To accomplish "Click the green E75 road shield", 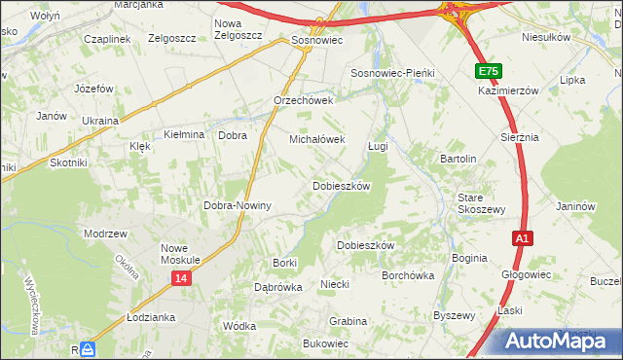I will [x=490, y=72].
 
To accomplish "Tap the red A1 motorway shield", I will [x=523, y=238].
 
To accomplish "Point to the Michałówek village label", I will [x=317, y=139].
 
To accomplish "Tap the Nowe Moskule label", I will [x=180, y=254].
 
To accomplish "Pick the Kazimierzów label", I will [x=508, y=90].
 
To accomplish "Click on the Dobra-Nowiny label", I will [x=236, y=206].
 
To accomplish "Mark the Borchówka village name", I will [x=408, y=275].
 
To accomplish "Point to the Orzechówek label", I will [x=304, y=100].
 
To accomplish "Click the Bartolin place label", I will [x=458, y=158].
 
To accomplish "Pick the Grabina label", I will [x=348, y=320].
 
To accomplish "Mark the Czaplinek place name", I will [x=107, y=38].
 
